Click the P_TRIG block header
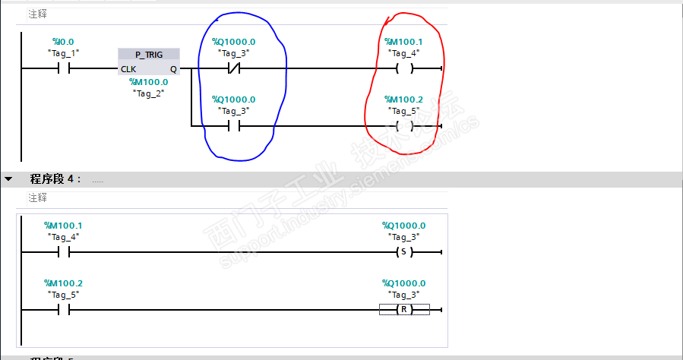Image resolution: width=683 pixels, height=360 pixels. [x=150, y=55]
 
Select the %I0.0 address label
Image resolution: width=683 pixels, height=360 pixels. [x=63, y=42]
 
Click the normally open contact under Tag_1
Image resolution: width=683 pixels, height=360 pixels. [x=64, y=68]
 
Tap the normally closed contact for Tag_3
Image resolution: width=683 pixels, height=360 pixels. [x=234, y=68]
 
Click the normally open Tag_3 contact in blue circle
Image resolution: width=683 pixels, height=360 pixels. [x=234, y=125]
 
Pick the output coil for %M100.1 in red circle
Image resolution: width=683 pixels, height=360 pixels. [x=404, y=68]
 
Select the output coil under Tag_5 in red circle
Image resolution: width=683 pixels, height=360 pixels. [x=404, y=125]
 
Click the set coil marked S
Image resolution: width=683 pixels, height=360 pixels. [x=404, y=251]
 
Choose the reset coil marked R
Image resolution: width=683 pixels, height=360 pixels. [x=404, y=309]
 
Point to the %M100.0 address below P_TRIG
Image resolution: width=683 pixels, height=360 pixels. [x=148, y=81]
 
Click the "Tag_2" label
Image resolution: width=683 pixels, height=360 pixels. [x=148, y=92]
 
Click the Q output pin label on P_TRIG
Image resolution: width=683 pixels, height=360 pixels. [x=173, y=68]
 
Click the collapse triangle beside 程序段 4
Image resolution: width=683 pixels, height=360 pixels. [x=8, y=179]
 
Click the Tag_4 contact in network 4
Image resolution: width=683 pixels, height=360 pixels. [x=64, y=251]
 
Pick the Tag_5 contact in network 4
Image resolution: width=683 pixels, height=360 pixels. [x=64, y=309]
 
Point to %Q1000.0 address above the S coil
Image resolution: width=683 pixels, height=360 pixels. [x=404, y=226]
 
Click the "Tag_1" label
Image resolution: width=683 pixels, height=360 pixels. [x=63, y=52]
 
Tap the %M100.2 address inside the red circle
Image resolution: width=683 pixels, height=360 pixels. [x=404, y=99]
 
